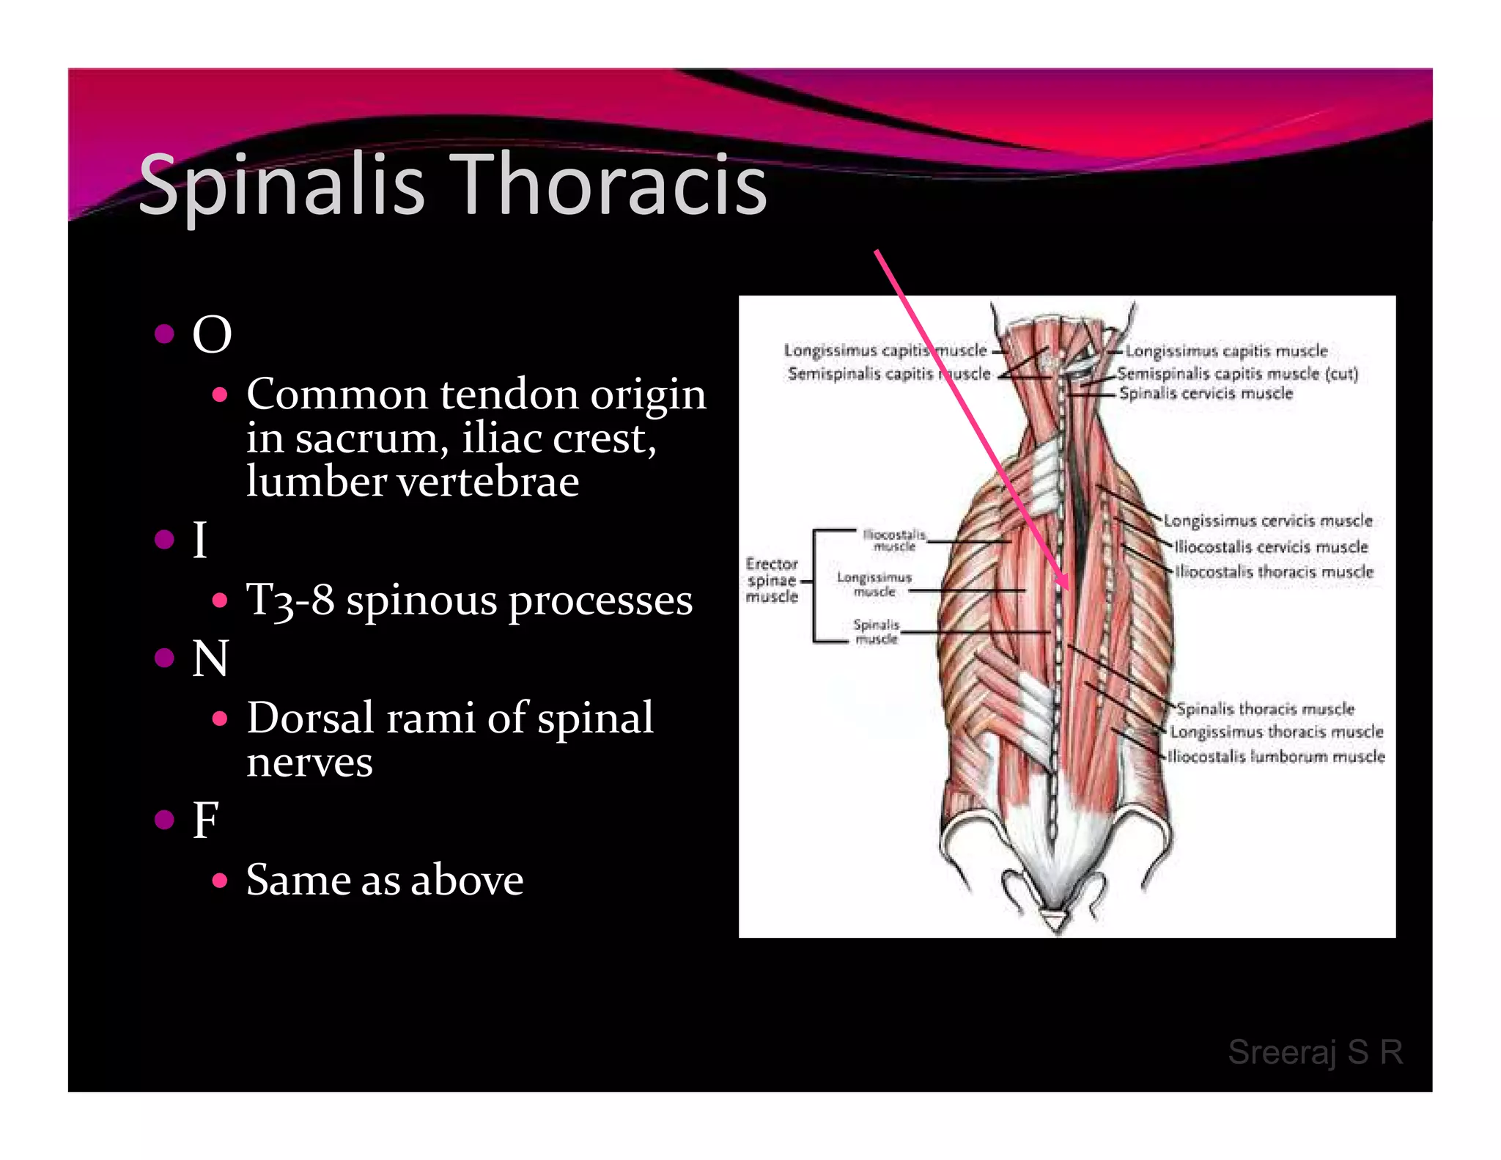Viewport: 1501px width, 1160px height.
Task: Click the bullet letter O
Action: (x=212, y=335)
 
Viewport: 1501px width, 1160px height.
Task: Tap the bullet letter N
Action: (x=210, y=658)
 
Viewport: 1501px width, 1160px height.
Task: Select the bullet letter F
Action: (x=206, y=820)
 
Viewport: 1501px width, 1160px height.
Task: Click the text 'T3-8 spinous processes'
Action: (x=469, y=601)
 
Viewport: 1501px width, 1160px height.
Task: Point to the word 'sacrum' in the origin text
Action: (x=371, y=438)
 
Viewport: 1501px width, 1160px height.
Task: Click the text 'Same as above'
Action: (x=385, y=880)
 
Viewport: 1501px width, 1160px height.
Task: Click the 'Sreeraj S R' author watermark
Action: (x=1315, y=1052)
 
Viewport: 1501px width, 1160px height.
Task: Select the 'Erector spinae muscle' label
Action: (x=772, y=580)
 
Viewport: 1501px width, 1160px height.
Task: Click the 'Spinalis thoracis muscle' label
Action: (x=1266, y=709)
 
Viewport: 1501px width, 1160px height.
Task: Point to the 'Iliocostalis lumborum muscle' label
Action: (x=1276, y=757)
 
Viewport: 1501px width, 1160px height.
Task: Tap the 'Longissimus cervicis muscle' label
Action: (x=1268, y=521)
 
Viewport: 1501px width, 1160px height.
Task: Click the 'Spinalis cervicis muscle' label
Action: (x=1206, y=394)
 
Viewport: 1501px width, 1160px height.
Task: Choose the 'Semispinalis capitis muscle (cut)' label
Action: (x=1237, y=374)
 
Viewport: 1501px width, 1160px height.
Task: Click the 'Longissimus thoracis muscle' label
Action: (x=1276, y=732)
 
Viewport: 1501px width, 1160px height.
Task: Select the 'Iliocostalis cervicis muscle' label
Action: (x=1271, y=547)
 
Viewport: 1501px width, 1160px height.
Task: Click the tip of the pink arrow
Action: (x=1067, y=590)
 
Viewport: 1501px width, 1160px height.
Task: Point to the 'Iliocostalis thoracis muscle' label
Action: (x=1274, y=572)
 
